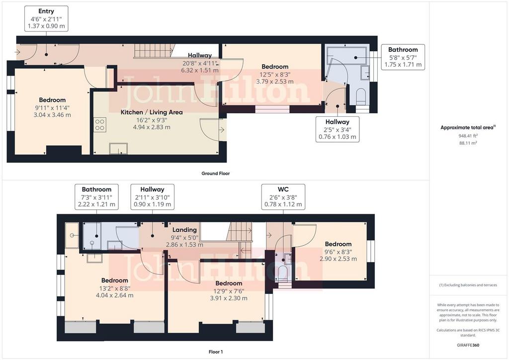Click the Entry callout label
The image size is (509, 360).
46,18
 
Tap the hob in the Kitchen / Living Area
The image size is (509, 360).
100,125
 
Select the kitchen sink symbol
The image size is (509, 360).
118,148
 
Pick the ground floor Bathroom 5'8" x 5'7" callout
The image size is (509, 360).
403,57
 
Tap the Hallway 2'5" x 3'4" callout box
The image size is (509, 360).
338,129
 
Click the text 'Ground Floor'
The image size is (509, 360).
216,174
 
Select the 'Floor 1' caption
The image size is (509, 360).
216,352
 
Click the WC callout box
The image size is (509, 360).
283,197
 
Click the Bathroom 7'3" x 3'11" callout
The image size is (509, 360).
96,197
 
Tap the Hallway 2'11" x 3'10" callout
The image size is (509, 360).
152,197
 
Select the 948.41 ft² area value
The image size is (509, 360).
468,136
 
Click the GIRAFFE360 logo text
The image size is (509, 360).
468,345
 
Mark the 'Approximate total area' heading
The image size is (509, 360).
468,128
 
